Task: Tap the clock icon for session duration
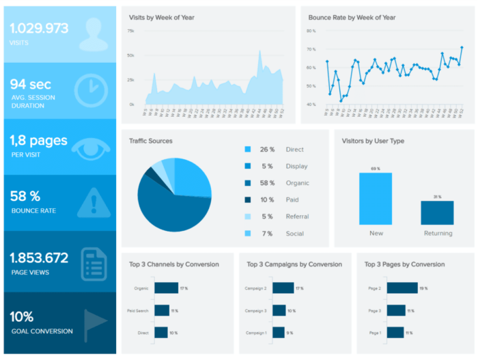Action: pos(90,91)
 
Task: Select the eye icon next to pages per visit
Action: pos(91,147)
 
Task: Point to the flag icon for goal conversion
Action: pos(94,324)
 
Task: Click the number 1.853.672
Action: pos(39,258)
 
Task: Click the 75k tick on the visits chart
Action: pos(130,31)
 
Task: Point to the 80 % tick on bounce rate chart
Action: pos(311,31)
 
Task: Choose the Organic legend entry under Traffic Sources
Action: pos(298,183)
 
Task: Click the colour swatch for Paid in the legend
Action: pos(247,199)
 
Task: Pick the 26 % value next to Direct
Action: pos(266,150)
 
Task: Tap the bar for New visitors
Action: pos(376,198)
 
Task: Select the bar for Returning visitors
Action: pos(437,212)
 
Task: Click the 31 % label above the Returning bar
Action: pos(437,197)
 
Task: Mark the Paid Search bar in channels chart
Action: pos(161,310)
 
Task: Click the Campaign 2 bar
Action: pos(282,288)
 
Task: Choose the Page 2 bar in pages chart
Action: pos(402,288)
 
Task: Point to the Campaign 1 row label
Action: pos(255,332)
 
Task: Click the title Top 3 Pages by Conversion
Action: pos(404,264)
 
